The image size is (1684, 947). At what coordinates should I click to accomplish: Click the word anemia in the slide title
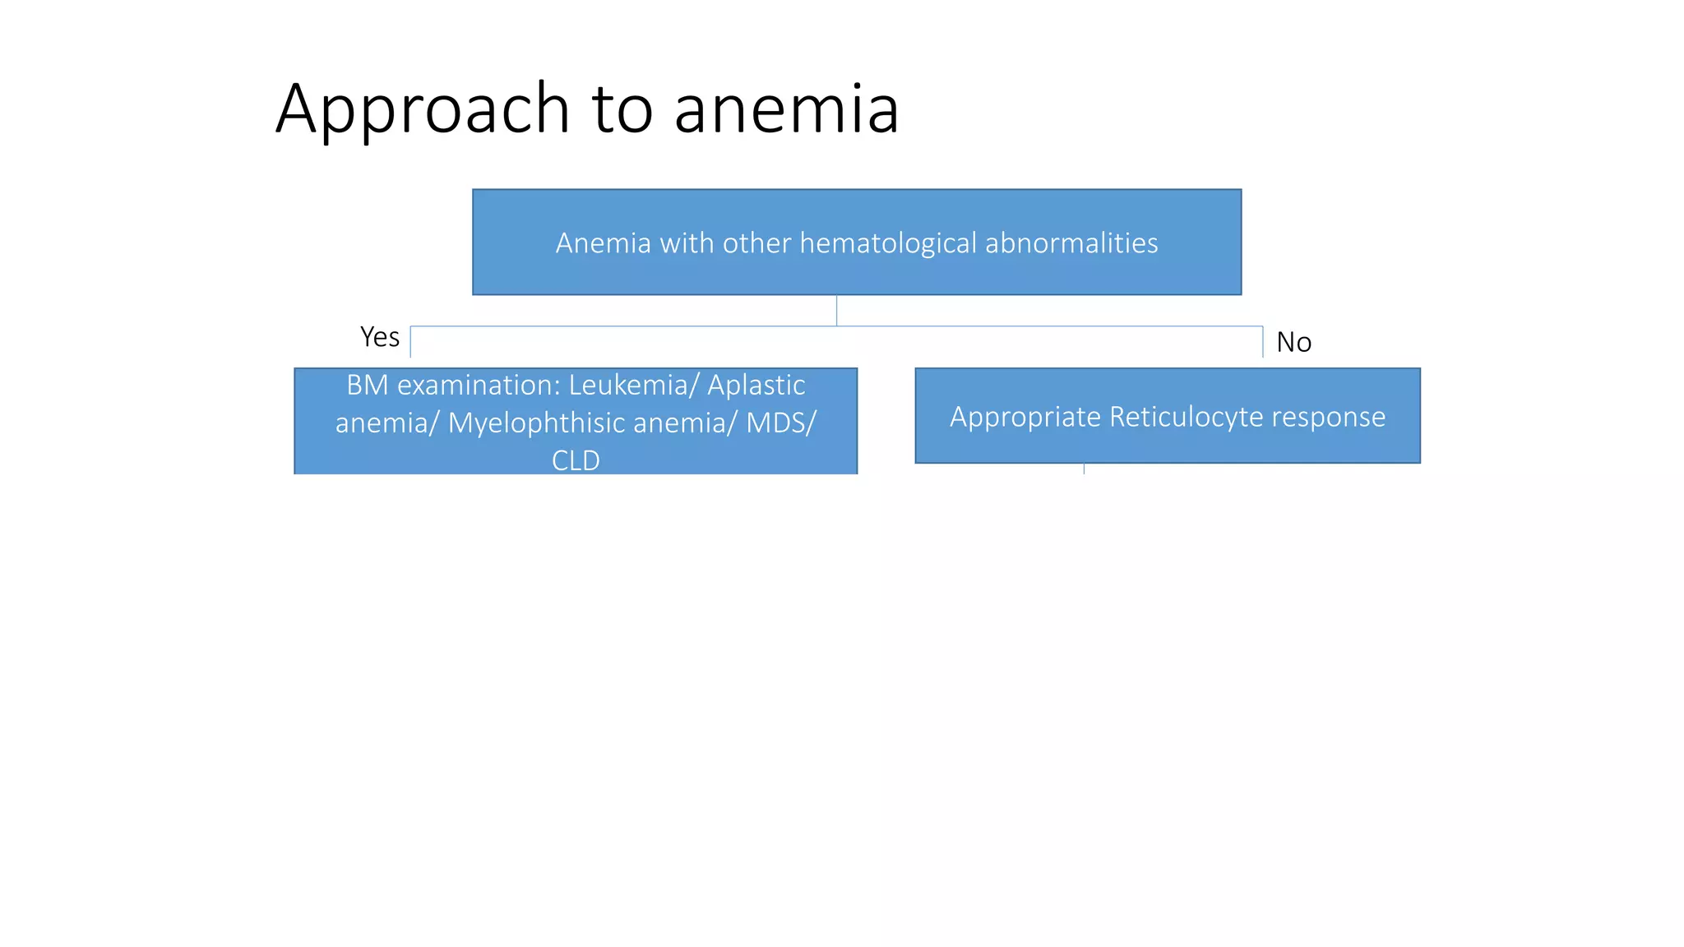(786, 109)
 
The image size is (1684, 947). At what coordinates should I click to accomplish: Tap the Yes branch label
(380, 337)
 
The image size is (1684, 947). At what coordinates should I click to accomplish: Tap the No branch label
(1293, 342)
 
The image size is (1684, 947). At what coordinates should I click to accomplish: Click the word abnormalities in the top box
(1071, 243)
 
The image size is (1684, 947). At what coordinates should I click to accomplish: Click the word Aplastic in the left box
(756, 385)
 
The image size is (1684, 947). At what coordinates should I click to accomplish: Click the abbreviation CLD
(576, 460)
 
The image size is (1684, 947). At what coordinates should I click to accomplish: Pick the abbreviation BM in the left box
(367, 385)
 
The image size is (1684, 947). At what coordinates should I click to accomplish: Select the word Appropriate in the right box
(1025, 417)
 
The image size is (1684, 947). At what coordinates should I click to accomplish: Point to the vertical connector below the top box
(836, 311)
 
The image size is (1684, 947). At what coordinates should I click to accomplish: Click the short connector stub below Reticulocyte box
(1084, 469)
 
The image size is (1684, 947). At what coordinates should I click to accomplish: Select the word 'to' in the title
(622, 109)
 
